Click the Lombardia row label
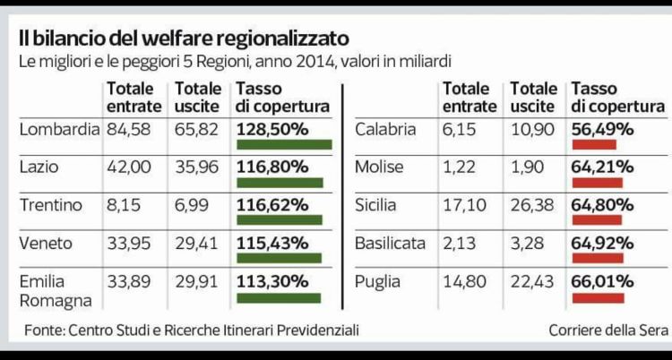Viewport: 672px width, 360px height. pos(59,129)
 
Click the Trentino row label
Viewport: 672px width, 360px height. pos(50,205)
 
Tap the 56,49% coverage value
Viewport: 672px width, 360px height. pos(602,129)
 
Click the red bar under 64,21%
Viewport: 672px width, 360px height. pos(597,183)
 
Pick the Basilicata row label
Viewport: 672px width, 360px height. pos(390,243)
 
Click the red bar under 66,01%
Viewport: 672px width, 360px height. pos(598,297)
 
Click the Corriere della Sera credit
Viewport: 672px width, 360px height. pos(608,330)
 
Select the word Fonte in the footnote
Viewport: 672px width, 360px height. pos(43,330)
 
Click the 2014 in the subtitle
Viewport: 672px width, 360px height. pos(299,62)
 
